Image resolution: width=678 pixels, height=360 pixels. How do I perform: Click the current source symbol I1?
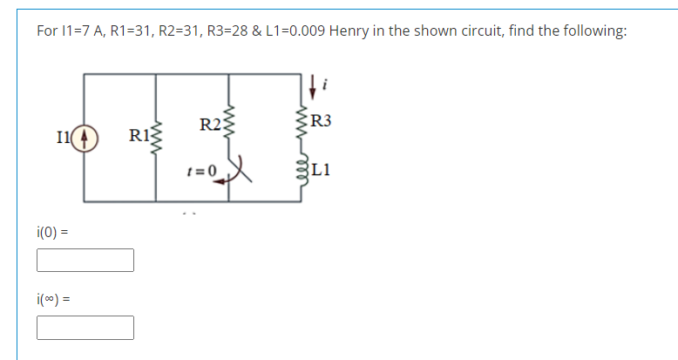[x=85, y=139]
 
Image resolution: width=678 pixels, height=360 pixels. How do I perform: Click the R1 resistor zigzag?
[x=155, y=136]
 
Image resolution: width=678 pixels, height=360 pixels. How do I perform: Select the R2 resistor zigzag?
[x=229, y=123]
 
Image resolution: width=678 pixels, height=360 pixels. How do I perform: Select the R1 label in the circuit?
[x=138, y=136]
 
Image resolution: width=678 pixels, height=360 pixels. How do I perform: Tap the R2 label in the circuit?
[x=209, y=124]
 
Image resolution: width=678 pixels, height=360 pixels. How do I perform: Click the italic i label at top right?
[x=326, y=84]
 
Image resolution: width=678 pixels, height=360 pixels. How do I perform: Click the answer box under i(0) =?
[x=85, y=260]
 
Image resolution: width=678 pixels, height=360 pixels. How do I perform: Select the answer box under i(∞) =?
[x=85, y=327]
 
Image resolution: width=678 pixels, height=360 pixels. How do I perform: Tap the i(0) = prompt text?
[x=53, y=233]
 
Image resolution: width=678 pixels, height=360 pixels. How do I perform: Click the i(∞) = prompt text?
[x=53, y=300]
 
